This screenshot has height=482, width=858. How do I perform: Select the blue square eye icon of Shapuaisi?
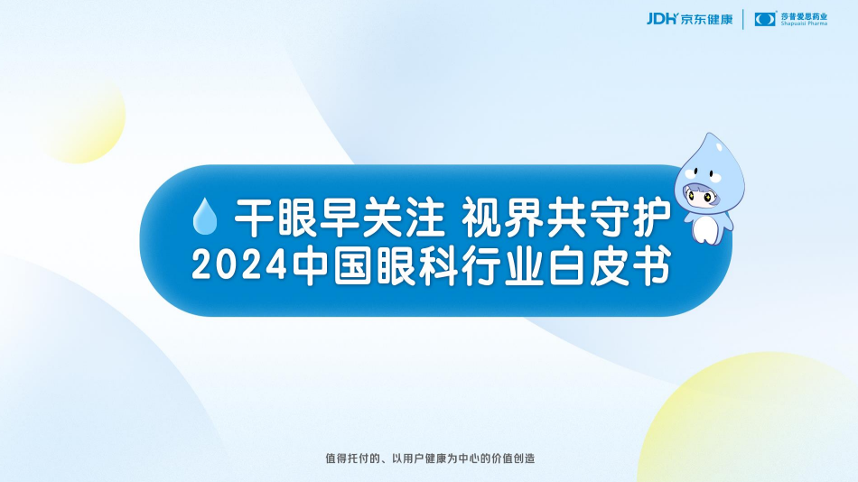(x=766, y=19)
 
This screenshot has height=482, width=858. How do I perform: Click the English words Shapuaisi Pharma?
(x=805, y=24)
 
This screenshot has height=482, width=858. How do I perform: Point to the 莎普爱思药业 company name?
(x=805, y=15)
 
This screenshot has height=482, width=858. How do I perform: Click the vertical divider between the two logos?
(x=743, y=19)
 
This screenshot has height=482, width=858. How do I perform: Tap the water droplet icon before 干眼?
(x=206, y=215)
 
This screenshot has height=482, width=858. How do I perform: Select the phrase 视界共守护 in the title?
(x=566, y=215)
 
